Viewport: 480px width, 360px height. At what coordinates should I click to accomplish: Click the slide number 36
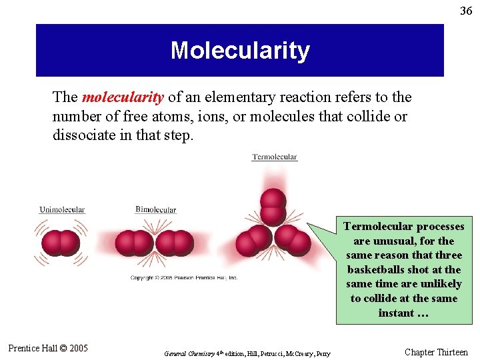(x=466, y=11)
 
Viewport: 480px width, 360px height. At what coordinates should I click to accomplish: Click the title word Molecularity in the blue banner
(x=240, y=51)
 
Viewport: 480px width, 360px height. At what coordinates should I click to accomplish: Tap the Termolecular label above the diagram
(x=275, y=157)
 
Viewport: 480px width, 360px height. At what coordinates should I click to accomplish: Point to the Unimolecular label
(x=62, y=209)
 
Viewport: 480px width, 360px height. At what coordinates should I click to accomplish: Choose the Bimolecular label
(x=155, y=209)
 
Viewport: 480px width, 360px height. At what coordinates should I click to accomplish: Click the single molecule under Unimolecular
(x=61, y=243)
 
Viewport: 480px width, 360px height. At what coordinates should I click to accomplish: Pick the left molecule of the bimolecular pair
(x=134, y=243)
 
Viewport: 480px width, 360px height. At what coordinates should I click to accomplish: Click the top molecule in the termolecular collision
(x=273, y=206)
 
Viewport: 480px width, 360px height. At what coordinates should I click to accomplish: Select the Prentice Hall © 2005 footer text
(x=48, y=348)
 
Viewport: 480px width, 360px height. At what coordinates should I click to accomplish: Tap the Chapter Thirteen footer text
(x=436, y=352)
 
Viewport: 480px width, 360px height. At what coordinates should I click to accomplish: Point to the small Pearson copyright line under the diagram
(x=183, y=277)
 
